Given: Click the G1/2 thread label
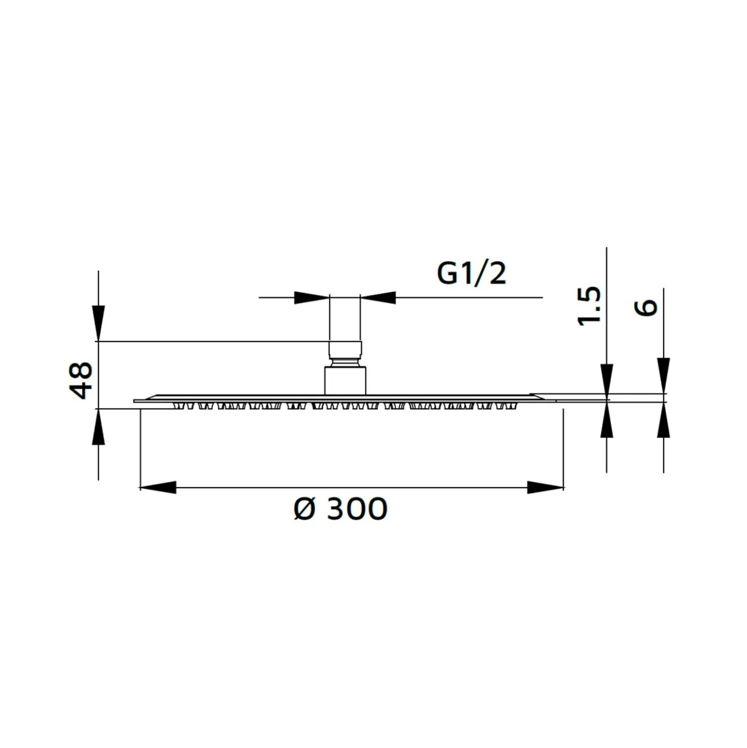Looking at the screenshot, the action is (471, 275).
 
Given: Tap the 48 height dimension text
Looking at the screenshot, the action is (81, 381).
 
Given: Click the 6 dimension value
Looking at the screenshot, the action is (646, 308).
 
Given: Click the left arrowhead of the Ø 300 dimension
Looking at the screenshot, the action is (158, 487).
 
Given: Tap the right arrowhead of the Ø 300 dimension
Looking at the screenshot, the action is (545, 487).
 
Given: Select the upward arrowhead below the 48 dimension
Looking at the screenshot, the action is (99, 427).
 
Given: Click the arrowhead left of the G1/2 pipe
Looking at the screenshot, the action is (312, 297).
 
